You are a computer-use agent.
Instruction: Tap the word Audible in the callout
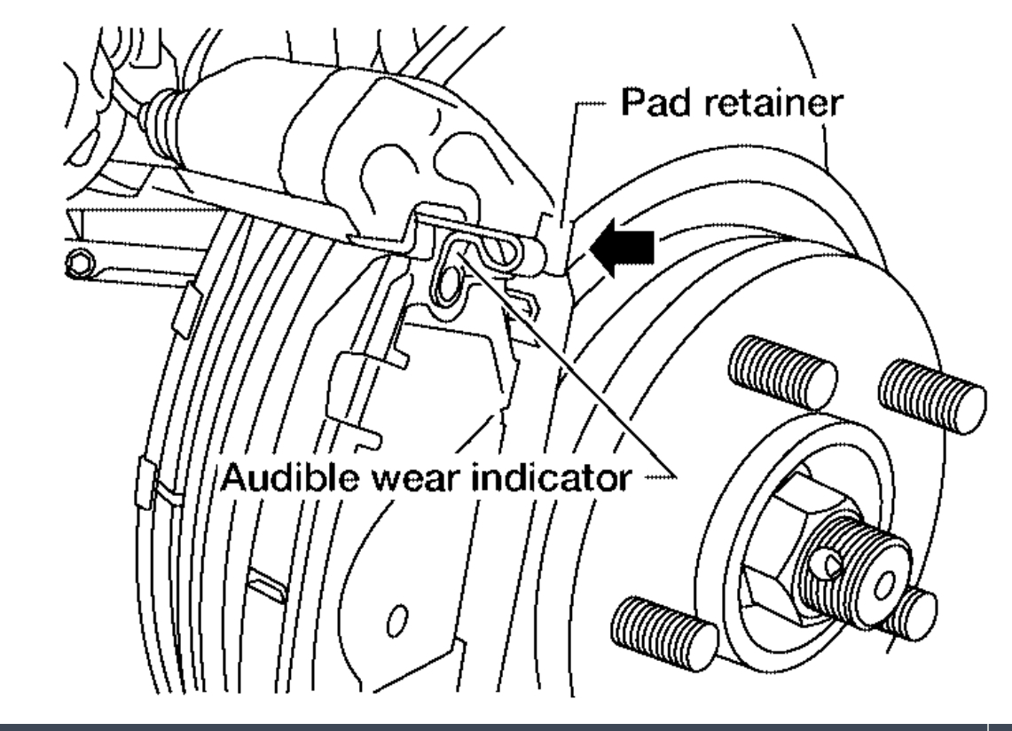[277, 479]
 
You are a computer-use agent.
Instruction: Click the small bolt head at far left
[82, 263]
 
